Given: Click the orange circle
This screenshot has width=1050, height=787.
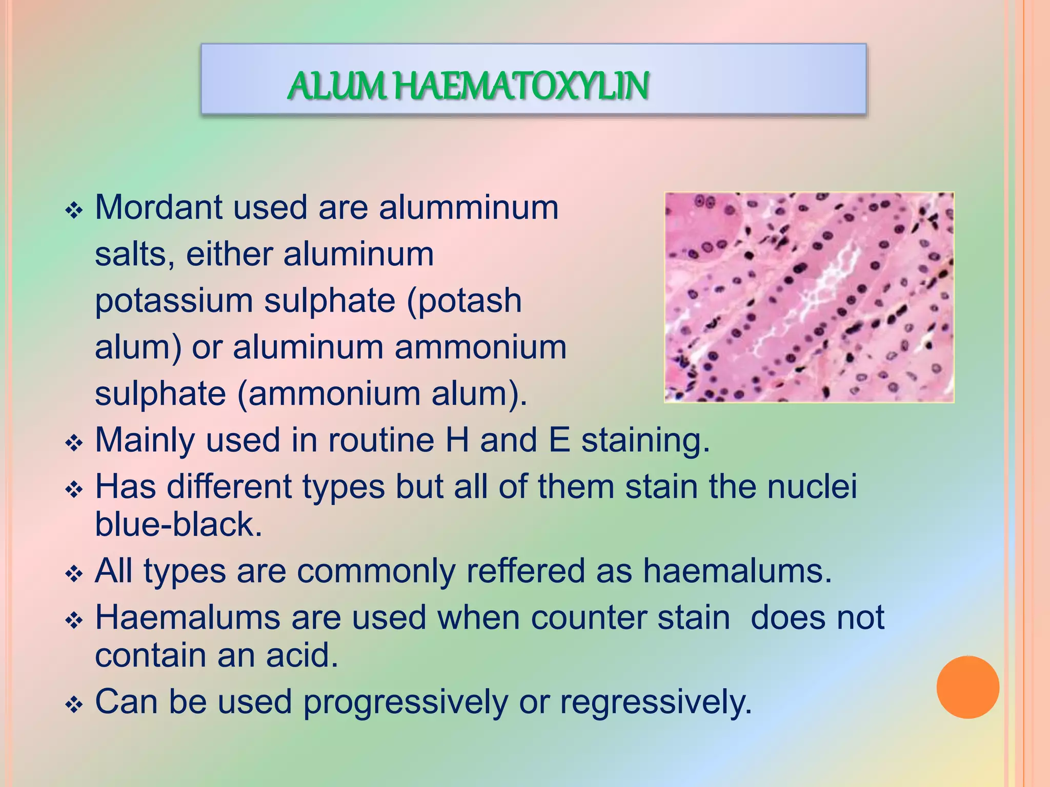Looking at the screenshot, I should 967,687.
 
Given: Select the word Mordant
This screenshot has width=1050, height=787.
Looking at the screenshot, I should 159,208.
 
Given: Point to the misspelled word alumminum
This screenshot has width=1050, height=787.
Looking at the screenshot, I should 469,208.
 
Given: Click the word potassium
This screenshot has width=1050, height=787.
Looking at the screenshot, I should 174,301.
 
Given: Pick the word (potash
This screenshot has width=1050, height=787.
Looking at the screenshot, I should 464,301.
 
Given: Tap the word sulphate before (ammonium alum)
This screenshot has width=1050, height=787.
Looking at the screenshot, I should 160,393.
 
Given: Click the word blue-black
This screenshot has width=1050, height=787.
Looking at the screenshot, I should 178,525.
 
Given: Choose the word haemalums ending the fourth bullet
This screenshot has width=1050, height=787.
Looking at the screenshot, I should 737,571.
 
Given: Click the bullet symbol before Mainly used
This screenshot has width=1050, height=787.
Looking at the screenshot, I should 74,443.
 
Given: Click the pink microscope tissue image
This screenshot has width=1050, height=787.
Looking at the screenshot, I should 809,297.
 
